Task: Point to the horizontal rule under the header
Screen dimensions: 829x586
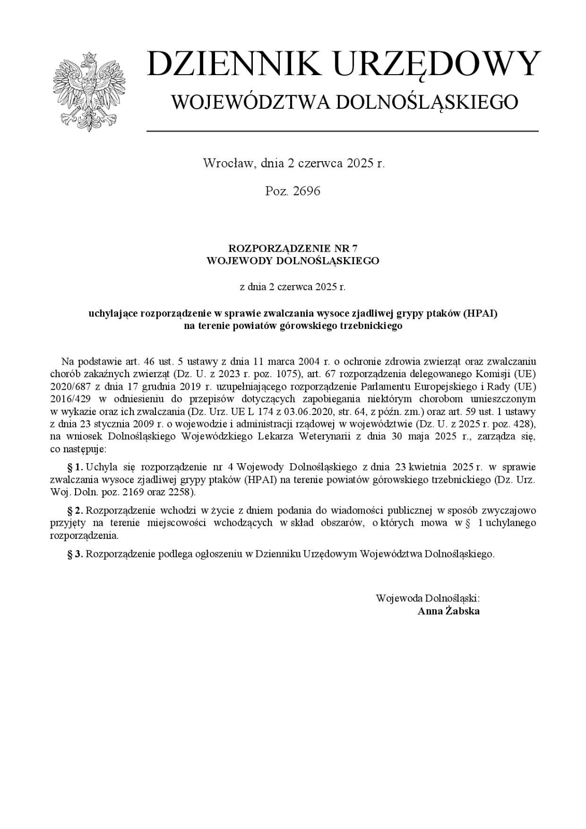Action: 342,131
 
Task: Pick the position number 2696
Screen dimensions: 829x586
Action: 307,191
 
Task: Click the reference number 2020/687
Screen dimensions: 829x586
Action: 69,387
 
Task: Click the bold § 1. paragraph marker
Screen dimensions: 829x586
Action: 76,467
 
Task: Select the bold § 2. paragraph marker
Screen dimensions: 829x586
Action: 76,510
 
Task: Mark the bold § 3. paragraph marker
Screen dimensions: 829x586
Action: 76,554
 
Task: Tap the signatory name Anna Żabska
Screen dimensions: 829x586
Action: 448,611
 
